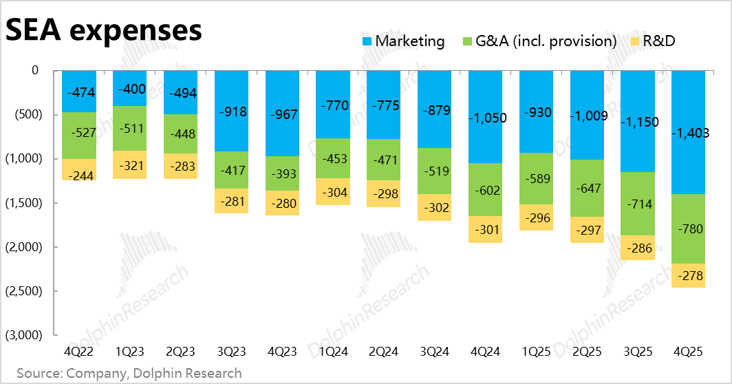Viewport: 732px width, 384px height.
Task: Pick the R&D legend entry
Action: [x=658, y=41]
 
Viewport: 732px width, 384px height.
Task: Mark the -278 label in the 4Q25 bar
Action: [x=688, y=276]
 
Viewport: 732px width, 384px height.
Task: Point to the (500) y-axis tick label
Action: [x=25, y=114]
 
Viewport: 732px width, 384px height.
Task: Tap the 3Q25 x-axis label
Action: [x=637, y=352]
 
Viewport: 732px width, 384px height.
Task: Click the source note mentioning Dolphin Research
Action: [x=129, y=373]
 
